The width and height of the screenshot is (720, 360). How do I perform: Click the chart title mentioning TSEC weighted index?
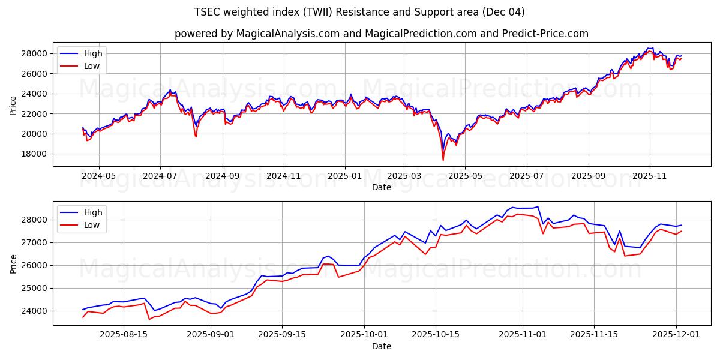[x=360, y=12]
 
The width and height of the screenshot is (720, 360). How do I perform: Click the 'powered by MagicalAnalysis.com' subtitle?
[x=382, y=34]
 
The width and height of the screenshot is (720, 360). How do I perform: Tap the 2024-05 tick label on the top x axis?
[x=98, y=176]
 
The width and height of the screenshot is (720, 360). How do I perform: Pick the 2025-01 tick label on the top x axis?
[x=345, y=176]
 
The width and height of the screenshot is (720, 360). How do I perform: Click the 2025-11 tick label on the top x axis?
[x=650, y=176]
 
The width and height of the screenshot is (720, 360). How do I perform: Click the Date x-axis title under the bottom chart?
[x=382, y=346]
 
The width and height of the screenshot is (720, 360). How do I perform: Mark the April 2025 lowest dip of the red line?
[x=443, y=160]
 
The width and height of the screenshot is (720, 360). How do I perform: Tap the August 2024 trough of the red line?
[x=196, y=137]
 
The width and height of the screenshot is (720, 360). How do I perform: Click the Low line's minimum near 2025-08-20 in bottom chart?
[x=149, y=319]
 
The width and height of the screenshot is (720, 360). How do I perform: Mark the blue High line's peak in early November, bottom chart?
[x=538, y=206]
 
